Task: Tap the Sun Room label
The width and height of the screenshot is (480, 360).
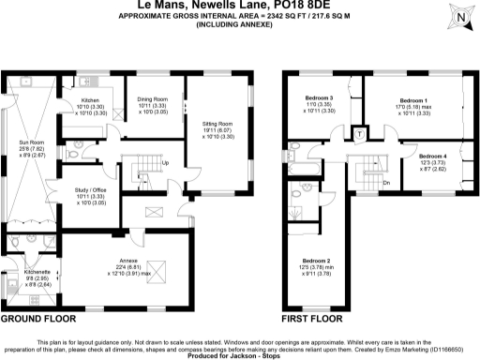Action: (x=25, y=141)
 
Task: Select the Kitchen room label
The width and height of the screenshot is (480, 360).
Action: (x=90, y=99)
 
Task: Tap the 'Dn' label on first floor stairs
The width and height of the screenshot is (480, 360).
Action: (x=386, y=182)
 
